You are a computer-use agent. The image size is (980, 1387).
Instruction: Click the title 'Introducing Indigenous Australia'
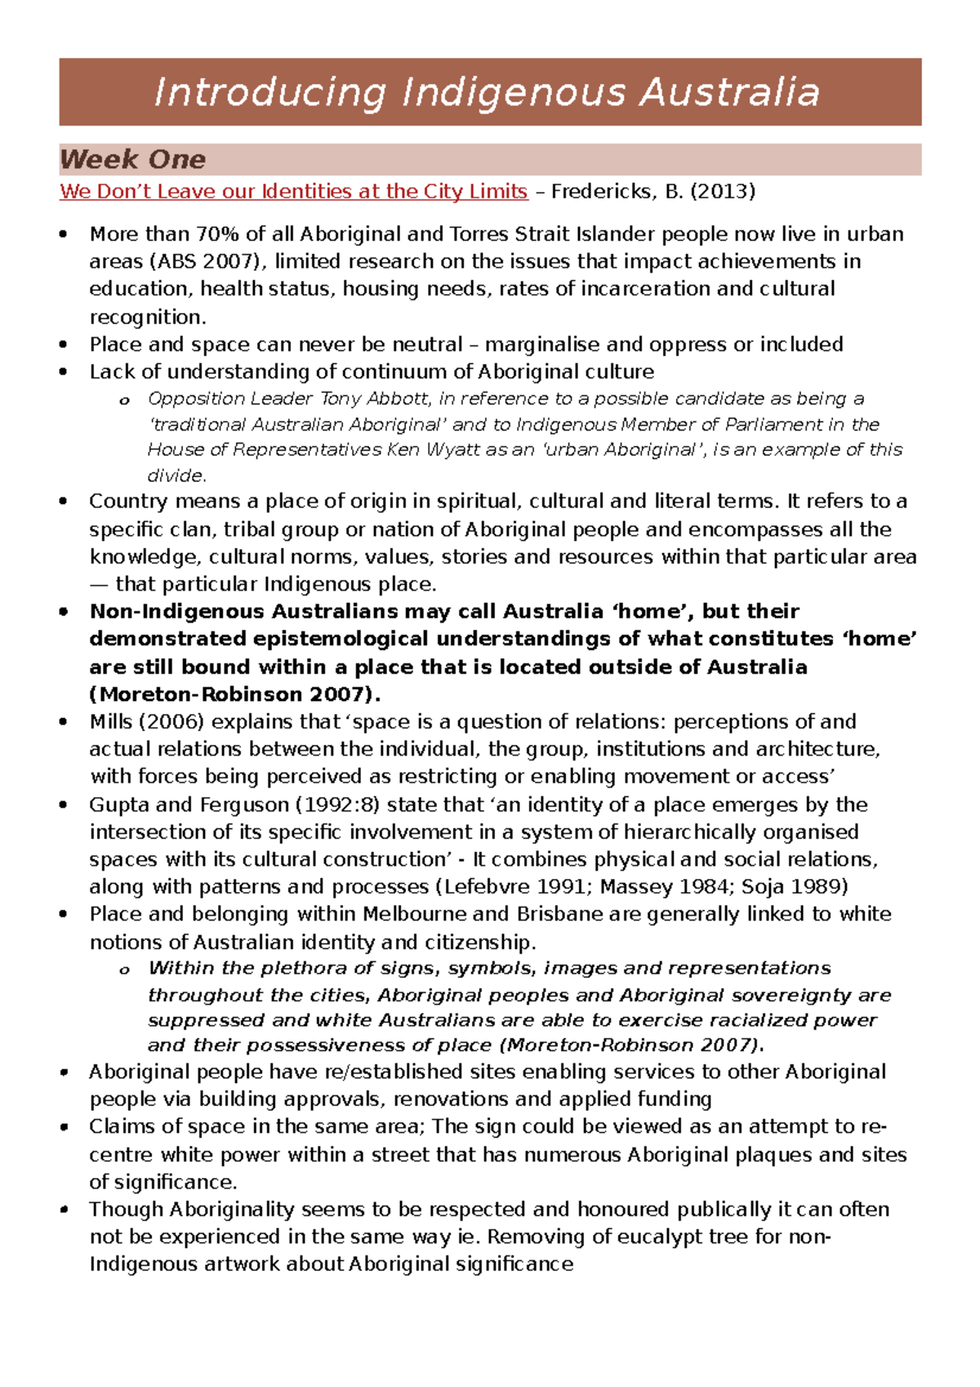pyautogui.click(x=488, y=91)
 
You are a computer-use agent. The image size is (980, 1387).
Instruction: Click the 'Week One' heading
pyautogui.click(x=132, y=159)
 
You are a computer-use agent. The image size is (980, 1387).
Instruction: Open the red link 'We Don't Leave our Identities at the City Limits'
pyautogui.click(x=293, y=192)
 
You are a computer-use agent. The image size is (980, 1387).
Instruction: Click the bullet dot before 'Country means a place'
pyautogui.click(x=64, y=502)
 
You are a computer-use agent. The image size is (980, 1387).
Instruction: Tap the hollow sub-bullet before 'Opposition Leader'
pyautogui.click(x=124, y=400)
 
